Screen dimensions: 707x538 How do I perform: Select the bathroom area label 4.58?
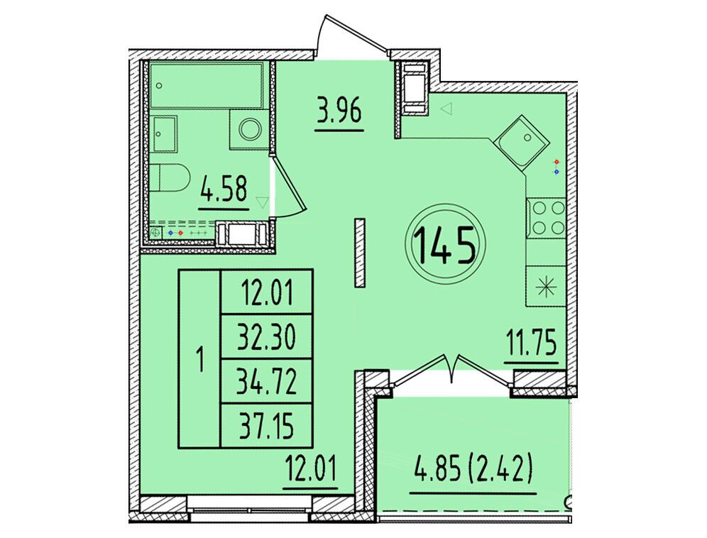(x=224, y=190)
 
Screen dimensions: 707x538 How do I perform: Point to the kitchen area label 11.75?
(x=531, y=344)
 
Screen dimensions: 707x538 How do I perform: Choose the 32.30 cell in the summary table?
(x=266, y=337)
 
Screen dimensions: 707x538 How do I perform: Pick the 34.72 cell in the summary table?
(x=266, y=382)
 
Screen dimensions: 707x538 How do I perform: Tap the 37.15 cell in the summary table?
(x=266, y=426)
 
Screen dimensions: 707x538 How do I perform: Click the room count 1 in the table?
(x=199, y=359)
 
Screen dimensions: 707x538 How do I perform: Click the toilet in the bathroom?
(x=170, y=177)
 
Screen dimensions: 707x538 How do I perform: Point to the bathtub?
(x=207, y=85)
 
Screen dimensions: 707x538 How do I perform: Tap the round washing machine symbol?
(x=250, y=130)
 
